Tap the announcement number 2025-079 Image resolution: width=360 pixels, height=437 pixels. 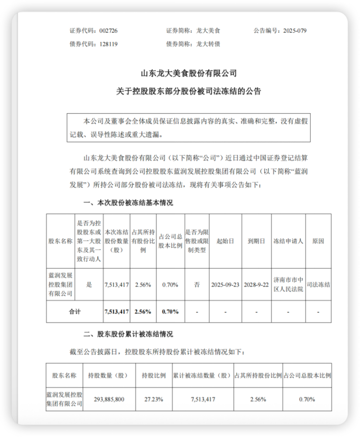click(294, 31)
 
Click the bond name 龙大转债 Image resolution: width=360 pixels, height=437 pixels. click(207, 44)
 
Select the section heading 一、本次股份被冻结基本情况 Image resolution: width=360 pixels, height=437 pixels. click(128, 202)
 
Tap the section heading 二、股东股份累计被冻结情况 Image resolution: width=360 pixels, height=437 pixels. click(128, 334)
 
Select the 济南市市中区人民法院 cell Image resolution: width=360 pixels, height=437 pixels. click(288, 284)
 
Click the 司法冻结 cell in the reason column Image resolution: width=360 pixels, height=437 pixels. click(318, 284)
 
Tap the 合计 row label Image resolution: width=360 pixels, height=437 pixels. click(75, 312)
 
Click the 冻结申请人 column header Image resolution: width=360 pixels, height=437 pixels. click(288, 241)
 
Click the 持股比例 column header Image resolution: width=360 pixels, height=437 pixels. click(154, 375)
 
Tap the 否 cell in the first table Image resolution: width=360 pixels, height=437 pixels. click(197, 284)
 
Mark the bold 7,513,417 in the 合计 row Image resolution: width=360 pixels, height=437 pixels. click(116, 312)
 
